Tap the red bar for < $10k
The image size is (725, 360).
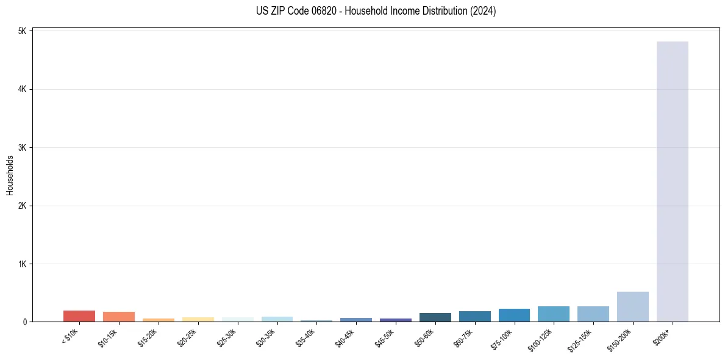[x=79, y=316]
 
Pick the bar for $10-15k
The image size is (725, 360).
[x=119, y=317]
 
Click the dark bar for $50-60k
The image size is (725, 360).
[x=435, y=317]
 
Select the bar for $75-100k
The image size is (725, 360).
[x=514, y=315]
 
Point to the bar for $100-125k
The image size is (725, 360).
[x=554, y=314]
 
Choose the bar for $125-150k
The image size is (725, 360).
[x=593, y=314]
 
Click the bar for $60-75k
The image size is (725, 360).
[x=474, y=317]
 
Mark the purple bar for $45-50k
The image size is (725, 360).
[x=396, y=320]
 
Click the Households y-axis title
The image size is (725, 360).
[x=10, y=175]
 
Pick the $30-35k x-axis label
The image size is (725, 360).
[x=266, y=338]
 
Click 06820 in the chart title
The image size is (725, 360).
[x=315, y=11]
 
